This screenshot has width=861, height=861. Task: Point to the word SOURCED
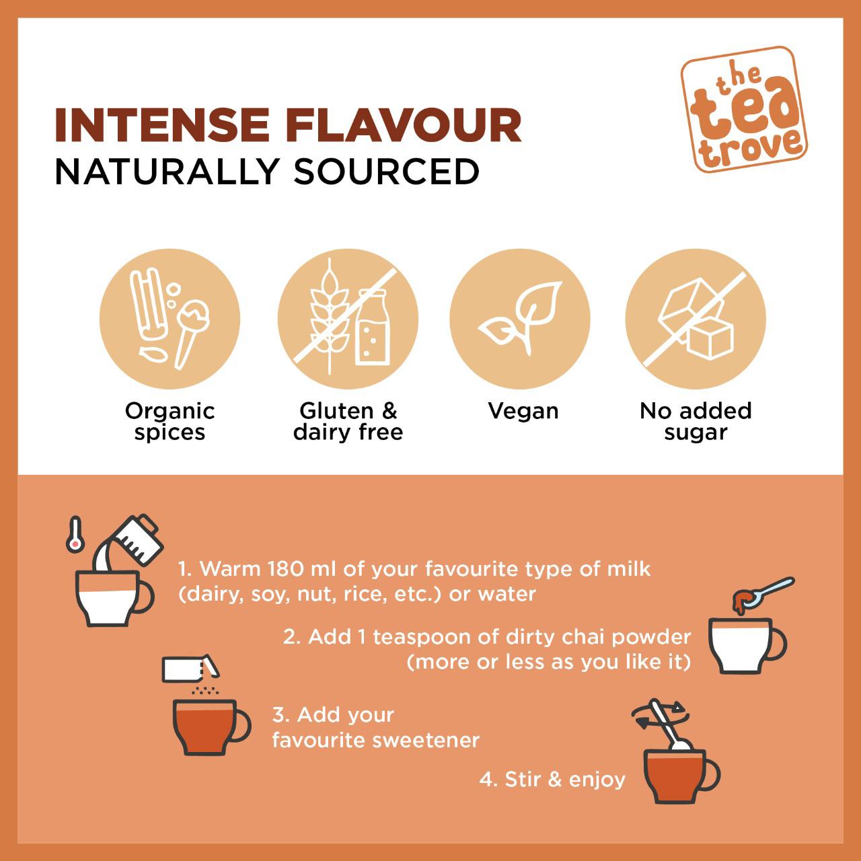386,172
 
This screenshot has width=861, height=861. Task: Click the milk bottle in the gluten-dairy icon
372,327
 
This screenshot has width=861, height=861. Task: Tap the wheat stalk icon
330,315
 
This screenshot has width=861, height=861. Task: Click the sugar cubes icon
696,319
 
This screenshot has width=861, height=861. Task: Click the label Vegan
523,410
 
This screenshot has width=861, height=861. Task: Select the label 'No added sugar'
696,421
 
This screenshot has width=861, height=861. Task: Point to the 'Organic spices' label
170,421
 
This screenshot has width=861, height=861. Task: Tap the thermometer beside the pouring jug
75,534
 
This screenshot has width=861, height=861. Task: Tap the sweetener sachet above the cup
190,669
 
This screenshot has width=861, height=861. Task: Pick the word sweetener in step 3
426,741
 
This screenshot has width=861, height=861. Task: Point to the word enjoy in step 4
597,780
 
